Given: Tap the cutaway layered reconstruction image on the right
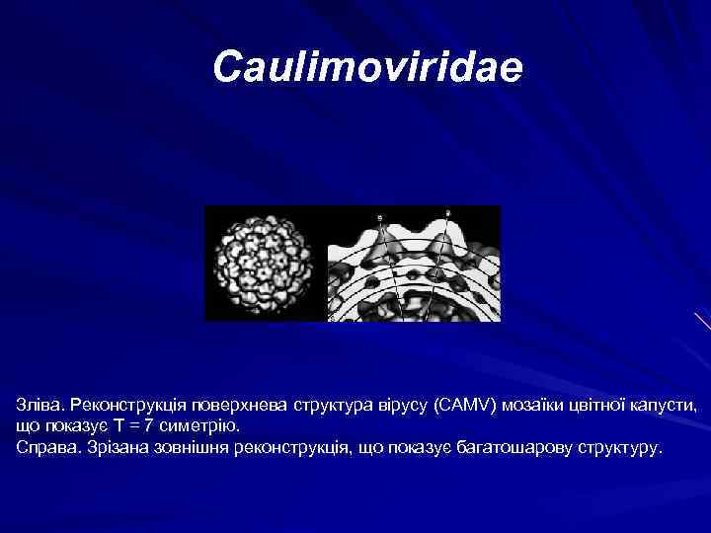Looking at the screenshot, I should [x=414, y=264].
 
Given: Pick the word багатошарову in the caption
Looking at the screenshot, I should [x=514, y=447].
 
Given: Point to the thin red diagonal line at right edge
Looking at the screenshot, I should [x=701, y=322].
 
